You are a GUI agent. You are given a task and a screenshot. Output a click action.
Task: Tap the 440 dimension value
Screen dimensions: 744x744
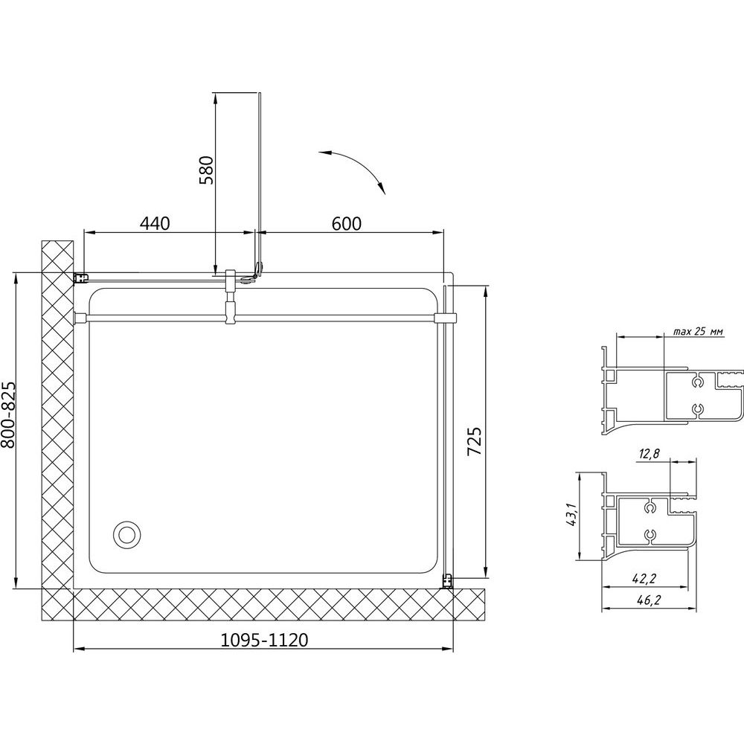click(x=154, y=223)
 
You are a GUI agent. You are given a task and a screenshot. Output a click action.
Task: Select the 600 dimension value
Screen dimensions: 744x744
click(x=347, y=223)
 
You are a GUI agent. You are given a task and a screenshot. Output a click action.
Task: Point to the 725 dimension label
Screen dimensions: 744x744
click(x=475, y=441)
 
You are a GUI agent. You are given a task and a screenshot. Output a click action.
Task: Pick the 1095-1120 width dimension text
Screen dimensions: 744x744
click(x=264, y=640)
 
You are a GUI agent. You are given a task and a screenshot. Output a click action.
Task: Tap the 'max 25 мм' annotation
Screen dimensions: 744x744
click(x=699, y=332)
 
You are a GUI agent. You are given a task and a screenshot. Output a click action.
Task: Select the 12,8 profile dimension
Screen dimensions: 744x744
click(x=649, y=454)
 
